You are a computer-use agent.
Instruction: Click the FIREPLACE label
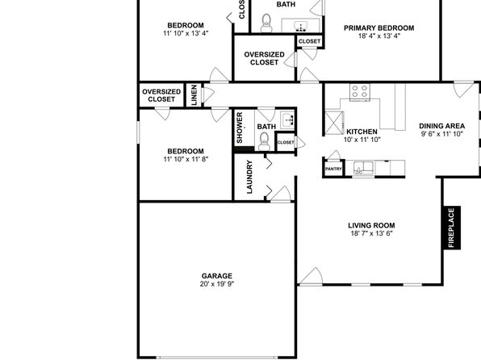click(x=451, y=228)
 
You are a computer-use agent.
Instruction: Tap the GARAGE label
click(x=216, y=276)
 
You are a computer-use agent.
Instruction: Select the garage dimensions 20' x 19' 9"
click(x=217, y=284)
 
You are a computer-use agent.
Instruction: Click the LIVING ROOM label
click(x=371, y=225)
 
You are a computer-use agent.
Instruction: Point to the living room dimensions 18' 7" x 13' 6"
click(x=371, y=233)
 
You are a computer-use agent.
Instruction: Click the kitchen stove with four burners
click(x=359, y=91)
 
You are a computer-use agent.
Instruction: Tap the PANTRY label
click(x=333, y=170)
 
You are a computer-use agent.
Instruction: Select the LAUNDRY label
click(x=249, y=177)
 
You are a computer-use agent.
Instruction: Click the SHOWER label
click(x=240, y=128)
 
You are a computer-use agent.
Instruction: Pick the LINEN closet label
click(x=194, y=95)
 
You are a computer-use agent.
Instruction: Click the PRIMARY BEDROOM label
click(x=379, y=28)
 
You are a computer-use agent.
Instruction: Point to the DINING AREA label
click(x=441, y=126)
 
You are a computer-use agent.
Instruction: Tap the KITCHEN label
click(x=362, y=132)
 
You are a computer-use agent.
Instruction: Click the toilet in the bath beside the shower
click(x=264, y=141)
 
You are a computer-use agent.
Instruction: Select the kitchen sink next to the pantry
click(x=363, y=168)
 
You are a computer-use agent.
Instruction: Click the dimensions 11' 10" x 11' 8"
click(x=186, y=159)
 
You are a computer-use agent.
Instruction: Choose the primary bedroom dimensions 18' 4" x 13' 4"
click(x=379, y=36)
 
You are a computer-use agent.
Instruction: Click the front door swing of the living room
click(x=311, y=276)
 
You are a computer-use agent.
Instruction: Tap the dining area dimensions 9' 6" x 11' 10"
click(x=441, y=134)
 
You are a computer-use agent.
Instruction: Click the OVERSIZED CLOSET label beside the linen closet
click(x=161, y=95)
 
